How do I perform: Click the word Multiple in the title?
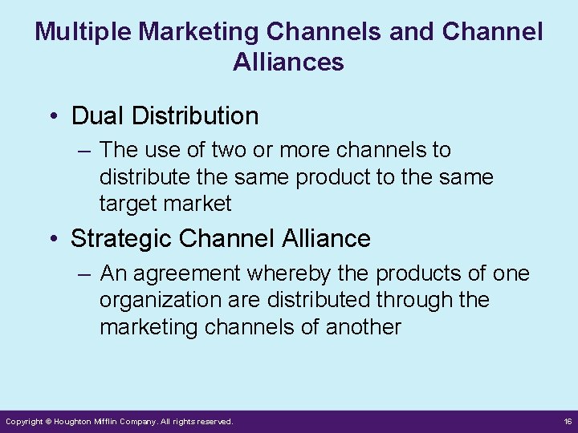tap(84, 32)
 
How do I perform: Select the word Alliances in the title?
tap(288, 62)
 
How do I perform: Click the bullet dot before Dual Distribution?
tap(52, 117)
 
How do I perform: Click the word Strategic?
tap(121, 238)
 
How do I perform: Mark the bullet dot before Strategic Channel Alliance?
tap(52, 239)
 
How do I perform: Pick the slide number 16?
tap(568, 421)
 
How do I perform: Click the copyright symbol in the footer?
tap(48, 421)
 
